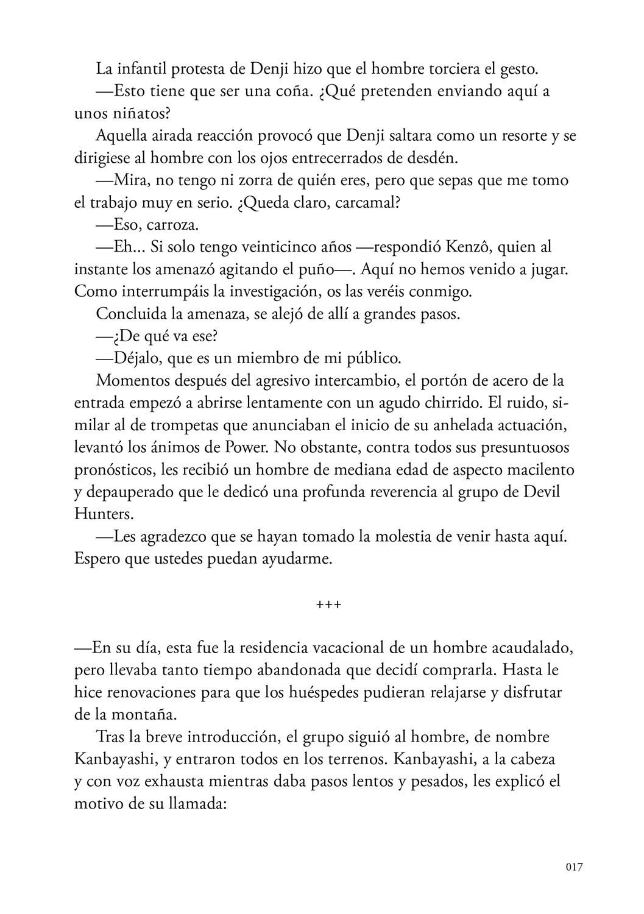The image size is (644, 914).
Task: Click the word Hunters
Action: (x=103, y=514)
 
